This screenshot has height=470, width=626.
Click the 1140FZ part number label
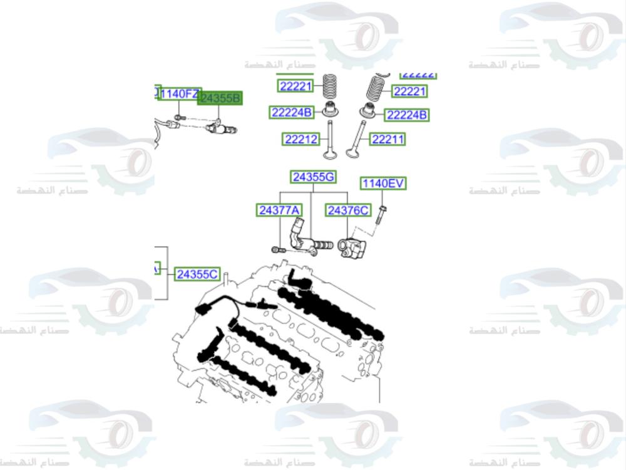179,95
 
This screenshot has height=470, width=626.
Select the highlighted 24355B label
220,98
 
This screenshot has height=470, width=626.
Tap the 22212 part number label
301,140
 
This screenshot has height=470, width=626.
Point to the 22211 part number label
387,139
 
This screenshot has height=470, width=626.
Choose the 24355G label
313,177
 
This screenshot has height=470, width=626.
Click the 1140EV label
382,184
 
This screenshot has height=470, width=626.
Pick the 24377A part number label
279,211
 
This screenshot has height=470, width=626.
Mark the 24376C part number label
347,211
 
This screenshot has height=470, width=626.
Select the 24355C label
197,274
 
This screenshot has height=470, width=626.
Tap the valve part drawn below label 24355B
219,128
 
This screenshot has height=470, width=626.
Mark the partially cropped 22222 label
418,75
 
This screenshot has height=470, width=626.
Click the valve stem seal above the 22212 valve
329,111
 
